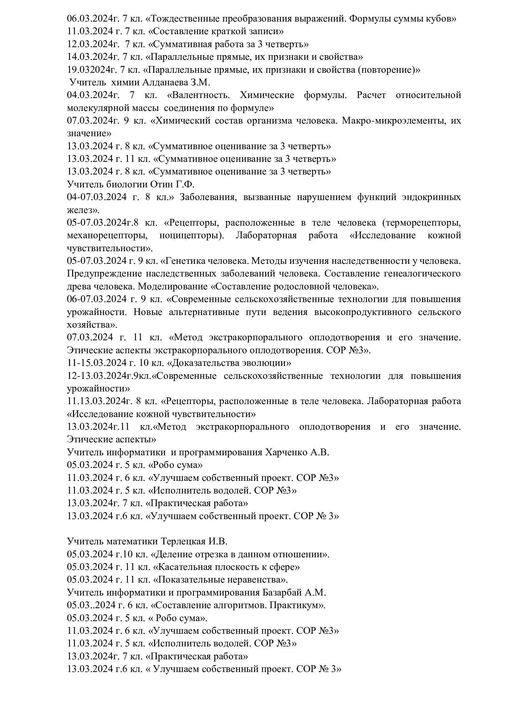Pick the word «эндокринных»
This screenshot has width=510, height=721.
[x=430, y=197]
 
